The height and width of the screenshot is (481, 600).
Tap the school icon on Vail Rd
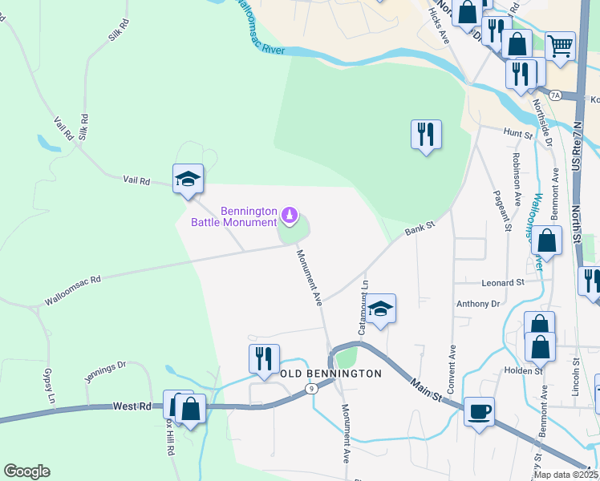188,179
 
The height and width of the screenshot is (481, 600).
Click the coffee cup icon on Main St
479,412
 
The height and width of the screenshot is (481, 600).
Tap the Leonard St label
502,283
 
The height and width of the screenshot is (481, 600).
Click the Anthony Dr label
477,304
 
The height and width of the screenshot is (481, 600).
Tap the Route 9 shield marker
310,389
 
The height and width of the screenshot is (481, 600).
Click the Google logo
26,471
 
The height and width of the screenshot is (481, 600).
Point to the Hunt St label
517,133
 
